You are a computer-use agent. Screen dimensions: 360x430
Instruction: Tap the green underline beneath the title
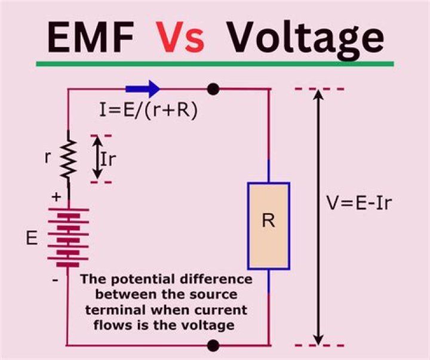(214, 63)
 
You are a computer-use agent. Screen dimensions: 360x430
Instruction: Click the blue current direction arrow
(143, 89)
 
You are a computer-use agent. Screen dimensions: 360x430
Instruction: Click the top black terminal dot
(213, 90)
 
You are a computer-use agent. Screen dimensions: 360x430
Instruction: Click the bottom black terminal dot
(213, 345)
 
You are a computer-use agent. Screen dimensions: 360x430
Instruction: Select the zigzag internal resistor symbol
(68, 159)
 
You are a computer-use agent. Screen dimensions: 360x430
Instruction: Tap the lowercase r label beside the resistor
(47, 159)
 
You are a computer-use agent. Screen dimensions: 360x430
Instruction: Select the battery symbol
(68, 238)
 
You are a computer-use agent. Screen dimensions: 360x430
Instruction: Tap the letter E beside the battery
(32, 238)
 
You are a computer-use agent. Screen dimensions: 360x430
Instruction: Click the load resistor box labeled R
(268, 226)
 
